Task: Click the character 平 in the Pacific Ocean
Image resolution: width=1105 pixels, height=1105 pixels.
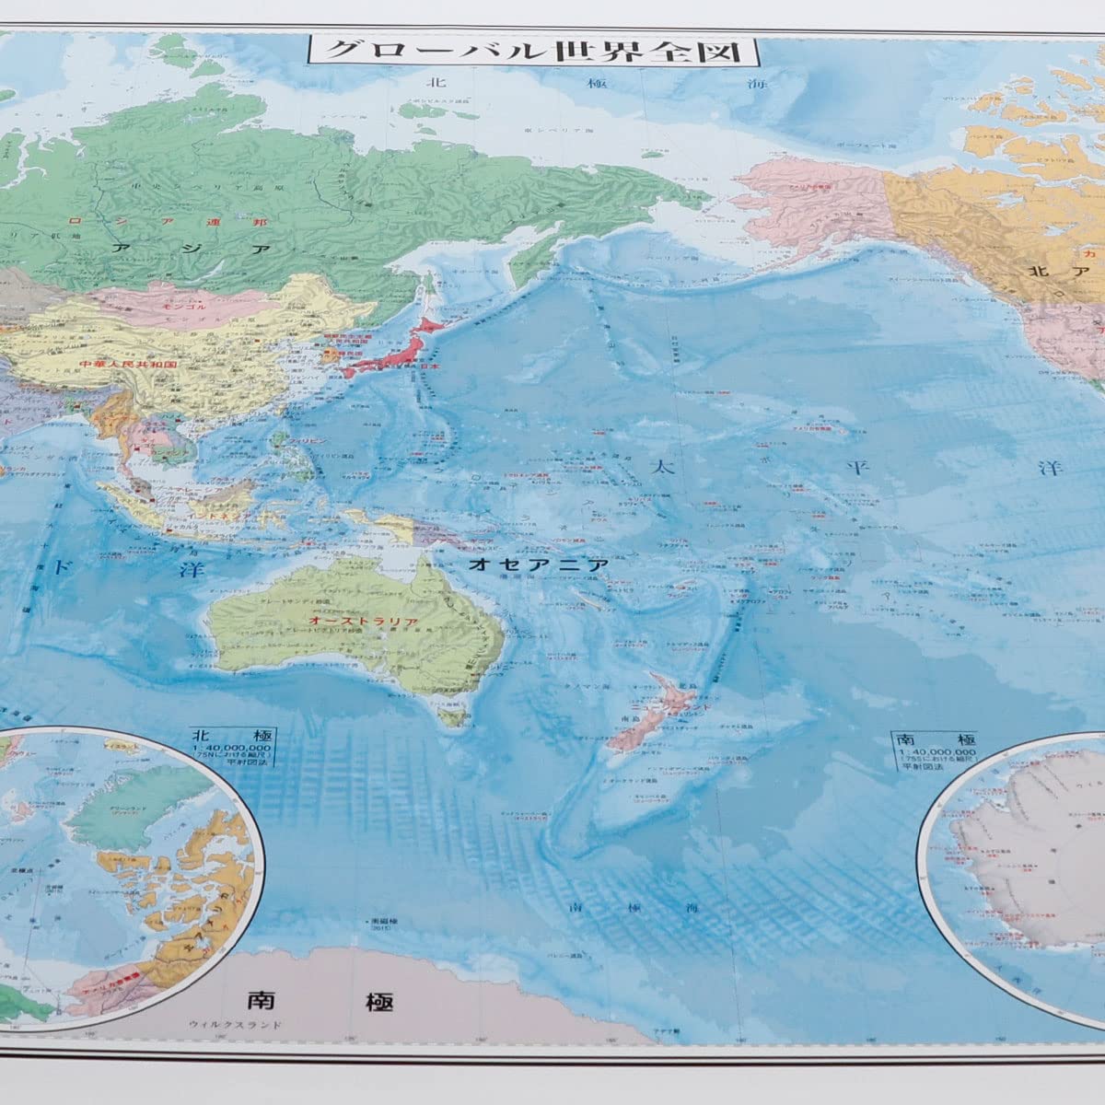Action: coord(859,468)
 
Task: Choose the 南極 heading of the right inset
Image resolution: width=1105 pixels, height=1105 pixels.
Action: coord(921,739)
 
